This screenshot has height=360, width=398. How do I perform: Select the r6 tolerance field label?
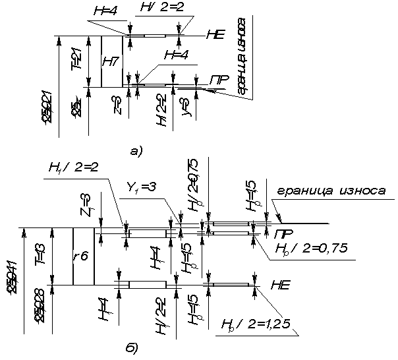[82, 256]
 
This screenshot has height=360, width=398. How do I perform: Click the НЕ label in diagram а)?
[215, 35]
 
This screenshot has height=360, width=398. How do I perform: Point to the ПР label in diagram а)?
[219, 80]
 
